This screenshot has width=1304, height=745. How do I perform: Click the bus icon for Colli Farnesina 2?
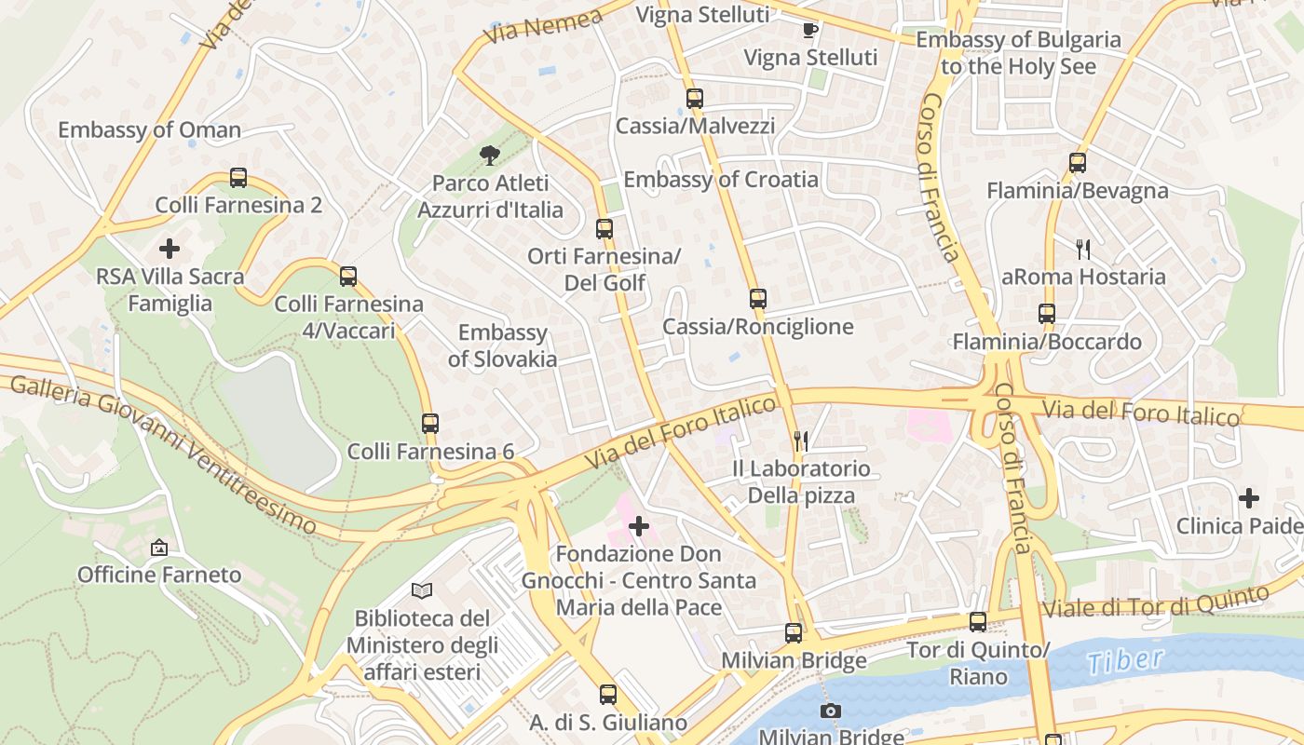238,178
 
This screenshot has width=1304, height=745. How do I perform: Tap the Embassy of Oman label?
150,130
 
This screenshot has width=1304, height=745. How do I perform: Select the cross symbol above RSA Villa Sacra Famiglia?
170,249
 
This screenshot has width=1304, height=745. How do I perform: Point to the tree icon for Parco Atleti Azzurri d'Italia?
489,155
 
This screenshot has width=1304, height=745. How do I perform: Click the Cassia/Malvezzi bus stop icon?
695,99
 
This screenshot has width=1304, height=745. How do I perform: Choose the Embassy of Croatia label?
721,180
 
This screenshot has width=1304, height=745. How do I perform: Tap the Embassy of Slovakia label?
502,345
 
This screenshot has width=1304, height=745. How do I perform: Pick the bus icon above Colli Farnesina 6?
429,424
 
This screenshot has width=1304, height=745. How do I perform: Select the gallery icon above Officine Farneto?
159,548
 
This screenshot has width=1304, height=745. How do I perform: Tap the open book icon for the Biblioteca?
422,590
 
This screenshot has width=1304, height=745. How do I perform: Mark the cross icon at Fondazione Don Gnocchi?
639,527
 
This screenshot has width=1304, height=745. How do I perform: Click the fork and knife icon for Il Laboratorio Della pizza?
800,440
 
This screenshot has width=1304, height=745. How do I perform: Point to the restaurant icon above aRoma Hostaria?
1083,249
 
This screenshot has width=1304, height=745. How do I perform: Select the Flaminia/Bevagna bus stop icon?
1078,163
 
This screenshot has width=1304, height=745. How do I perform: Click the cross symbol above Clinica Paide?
1249,498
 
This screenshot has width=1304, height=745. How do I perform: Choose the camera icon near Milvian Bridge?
831,711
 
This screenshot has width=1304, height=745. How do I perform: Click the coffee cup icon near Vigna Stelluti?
810,30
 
